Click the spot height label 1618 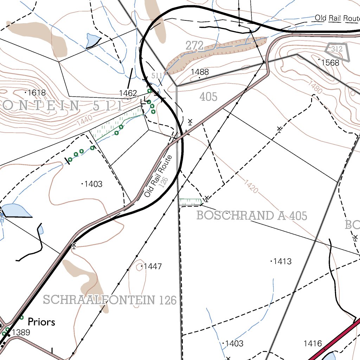tap(37, 93)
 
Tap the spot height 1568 tap(330, 63)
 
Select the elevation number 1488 tap(200, 72)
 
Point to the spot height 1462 tap(128, 93)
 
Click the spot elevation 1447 tap(153, 266)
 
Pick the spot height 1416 tap(313, 343)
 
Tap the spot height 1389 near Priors tap(21, 332)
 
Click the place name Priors tap(41, 322)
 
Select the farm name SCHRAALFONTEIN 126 tap(109, 300)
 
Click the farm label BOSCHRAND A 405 tap(252, 216)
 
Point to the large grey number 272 tap(194, 45)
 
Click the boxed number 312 tap(337, 49)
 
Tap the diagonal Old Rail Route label tap(160, 176)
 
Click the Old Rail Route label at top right tap(337, 18)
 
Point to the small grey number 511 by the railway tap(157, 76)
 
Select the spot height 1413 tap(282, 261)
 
